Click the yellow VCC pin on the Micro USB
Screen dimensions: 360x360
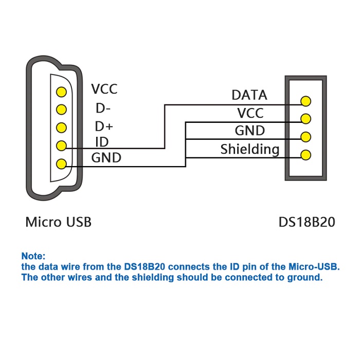(x=62, y=92)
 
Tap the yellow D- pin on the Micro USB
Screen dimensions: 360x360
(x=62, y=109)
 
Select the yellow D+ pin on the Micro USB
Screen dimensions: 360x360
(x=62, y=127)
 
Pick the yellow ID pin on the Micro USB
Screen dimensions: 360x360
(x=62, y=146)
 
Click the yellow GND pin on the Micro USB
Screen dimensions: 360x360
(x=62, y=164)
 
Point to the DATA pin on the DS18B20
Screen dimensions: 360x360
(x=306, y=101)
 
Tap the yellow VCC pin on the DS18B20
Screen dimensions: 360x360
(x=306, y=119)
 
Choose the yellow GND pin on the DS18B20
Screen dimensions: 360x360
(x=306, y=137)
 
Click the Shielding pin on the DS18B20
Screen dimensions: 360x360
(x=306, y=154)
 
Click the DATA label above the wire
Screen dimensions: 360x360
(x=249, y=95)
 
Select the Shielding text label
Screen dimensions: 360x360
(x=250, y=150)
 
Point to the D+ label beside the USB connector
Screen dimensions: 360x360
(x=104, y=126)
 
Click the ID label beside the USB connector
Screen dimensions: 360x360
(x=102, y=142)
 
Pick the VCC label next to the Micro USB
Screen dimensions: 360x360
(x=104, y=89)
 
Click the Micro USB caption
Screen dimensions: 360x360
(x=59, y=222)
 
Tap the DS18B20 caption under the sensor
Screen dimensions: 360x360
(x=307, y=222)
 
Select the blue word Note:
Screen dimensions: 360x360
(x=33, y=256)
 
